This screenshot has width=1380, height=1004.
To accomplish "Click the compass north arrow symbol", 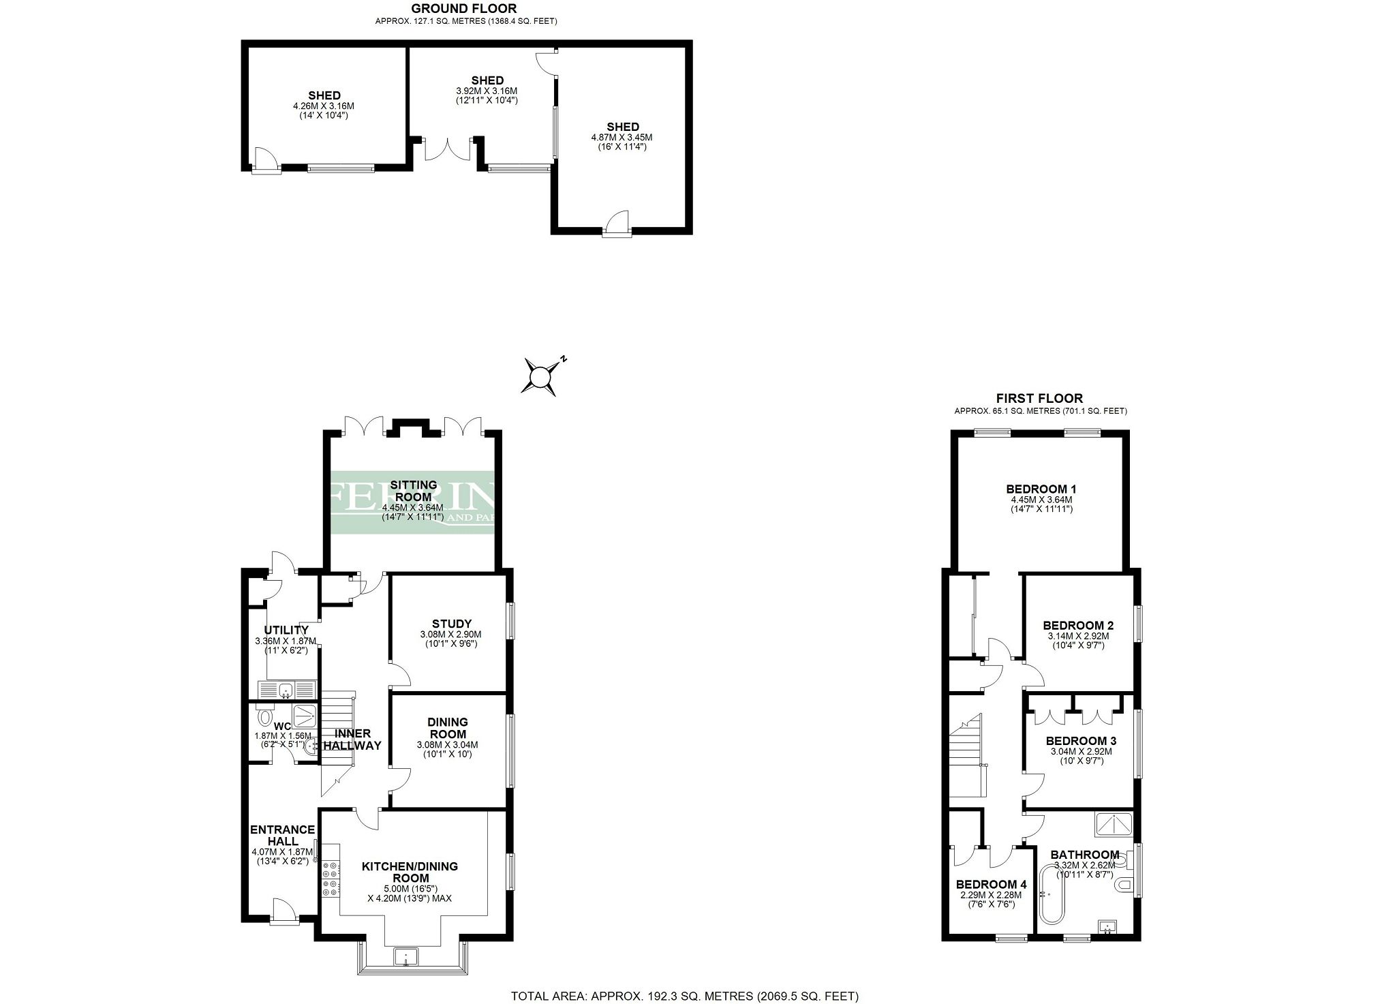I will tap(540, 376).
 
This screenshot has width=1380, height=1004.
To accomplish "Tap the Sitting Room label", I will tap(414, 491).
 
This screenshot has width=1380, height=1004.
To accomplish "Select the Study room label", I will tap(451, 623).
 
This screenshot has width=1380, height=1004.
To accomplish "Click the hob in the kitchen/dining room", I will tap(331, 879).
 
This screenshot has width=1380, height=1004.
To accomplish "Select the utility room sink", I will tap(286, 689).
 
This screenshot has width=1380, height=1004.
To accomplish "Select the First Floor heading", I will tap(1039, 398).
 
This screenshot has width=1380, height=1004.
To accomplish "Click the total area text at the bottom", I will tap(685, 996).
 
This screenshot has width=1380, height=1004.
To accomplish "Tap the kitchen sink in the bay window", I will tap(406, 956).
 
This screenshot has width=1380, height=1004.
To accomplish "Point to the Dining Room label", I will tap(447, 728).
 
